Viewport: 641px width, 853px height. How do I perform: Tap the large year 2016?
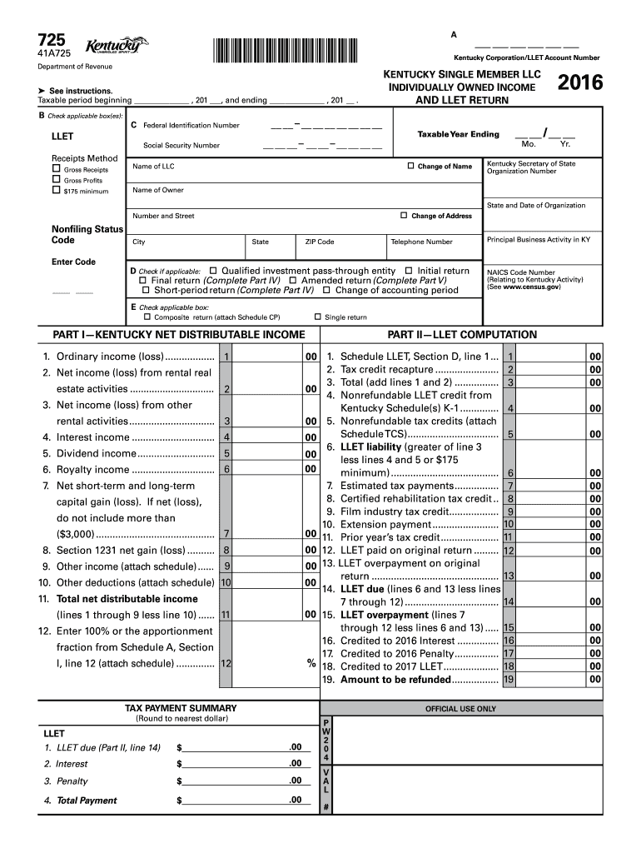[580, 83]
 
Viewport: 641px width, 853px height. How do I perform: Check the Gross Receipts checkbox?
[56, 170]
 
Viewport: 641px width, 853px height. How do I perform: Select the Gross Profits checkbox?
[56, 180]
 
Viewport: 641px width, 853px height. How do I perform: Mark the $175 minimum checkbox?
[56, 191]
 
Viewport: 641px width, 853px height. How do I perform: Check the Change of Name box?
[410, 166]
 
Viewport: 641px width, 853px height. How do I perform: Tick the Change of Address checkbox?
[404, 216]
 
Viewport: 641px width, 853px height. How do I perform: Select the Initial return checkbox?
[409, 271]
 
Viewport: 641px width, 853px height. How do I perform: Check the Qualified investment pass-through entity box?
[213, 271]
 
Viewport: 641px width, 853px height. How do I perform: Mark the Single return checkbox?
[317, 317]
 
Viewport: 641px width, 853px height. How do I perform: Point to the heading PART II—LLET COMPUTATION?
[463, 335]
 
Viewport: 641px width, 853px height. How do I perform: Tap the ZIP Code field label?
[320, 242]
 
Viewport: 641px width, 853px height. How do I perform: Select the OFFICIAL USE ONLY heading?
[460, 709]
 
